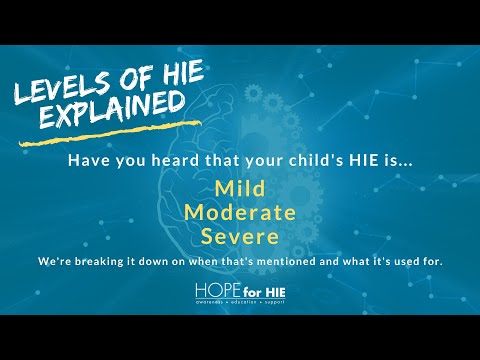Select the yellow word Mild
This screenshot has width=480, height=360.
coord(240,187)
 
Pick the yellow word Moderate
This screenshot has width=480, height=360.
coord(240,212)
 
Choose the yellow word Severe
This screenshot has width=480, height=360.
coord(240,237)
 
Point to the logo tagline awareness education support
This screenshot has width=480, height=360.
coord(240,301)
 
